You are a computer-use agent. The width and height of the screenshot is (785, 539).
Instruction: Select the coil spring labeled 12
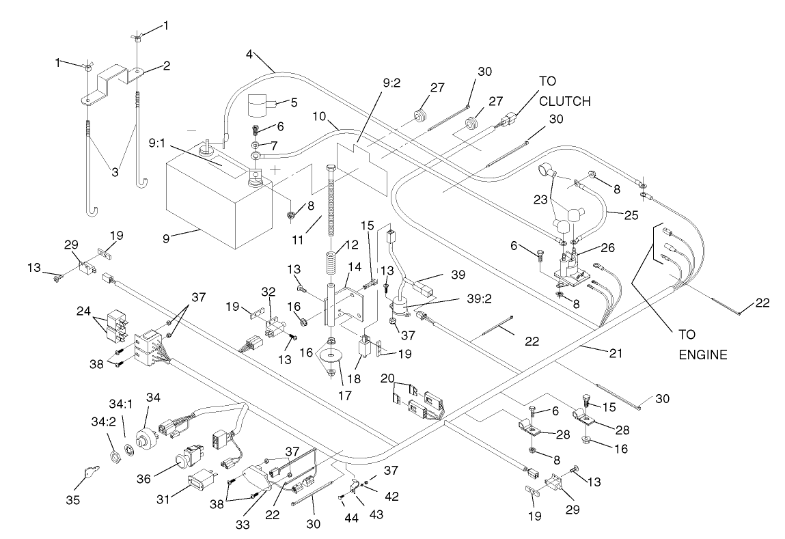click(x=331, y=262)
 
